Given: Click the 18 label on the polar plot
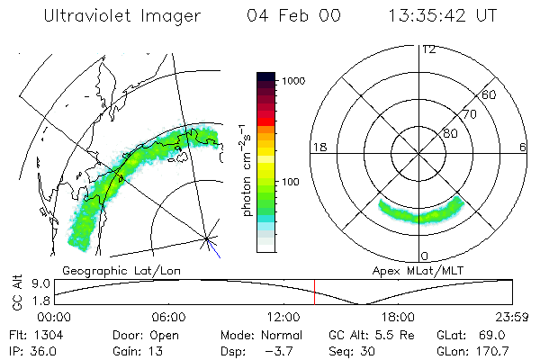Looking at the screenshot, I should (318, 146).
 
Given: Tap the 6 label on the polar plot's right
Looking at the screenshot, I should (523, 146).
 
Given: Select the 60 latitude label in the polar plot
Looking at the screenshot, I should (490, 94).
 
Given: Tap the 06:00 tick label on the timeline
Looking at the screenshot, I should (168, 317).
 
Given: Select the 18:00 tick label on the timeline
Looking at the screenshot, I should (398, 317).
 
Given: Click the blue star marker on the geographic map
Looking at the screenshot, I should (208, 238).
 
